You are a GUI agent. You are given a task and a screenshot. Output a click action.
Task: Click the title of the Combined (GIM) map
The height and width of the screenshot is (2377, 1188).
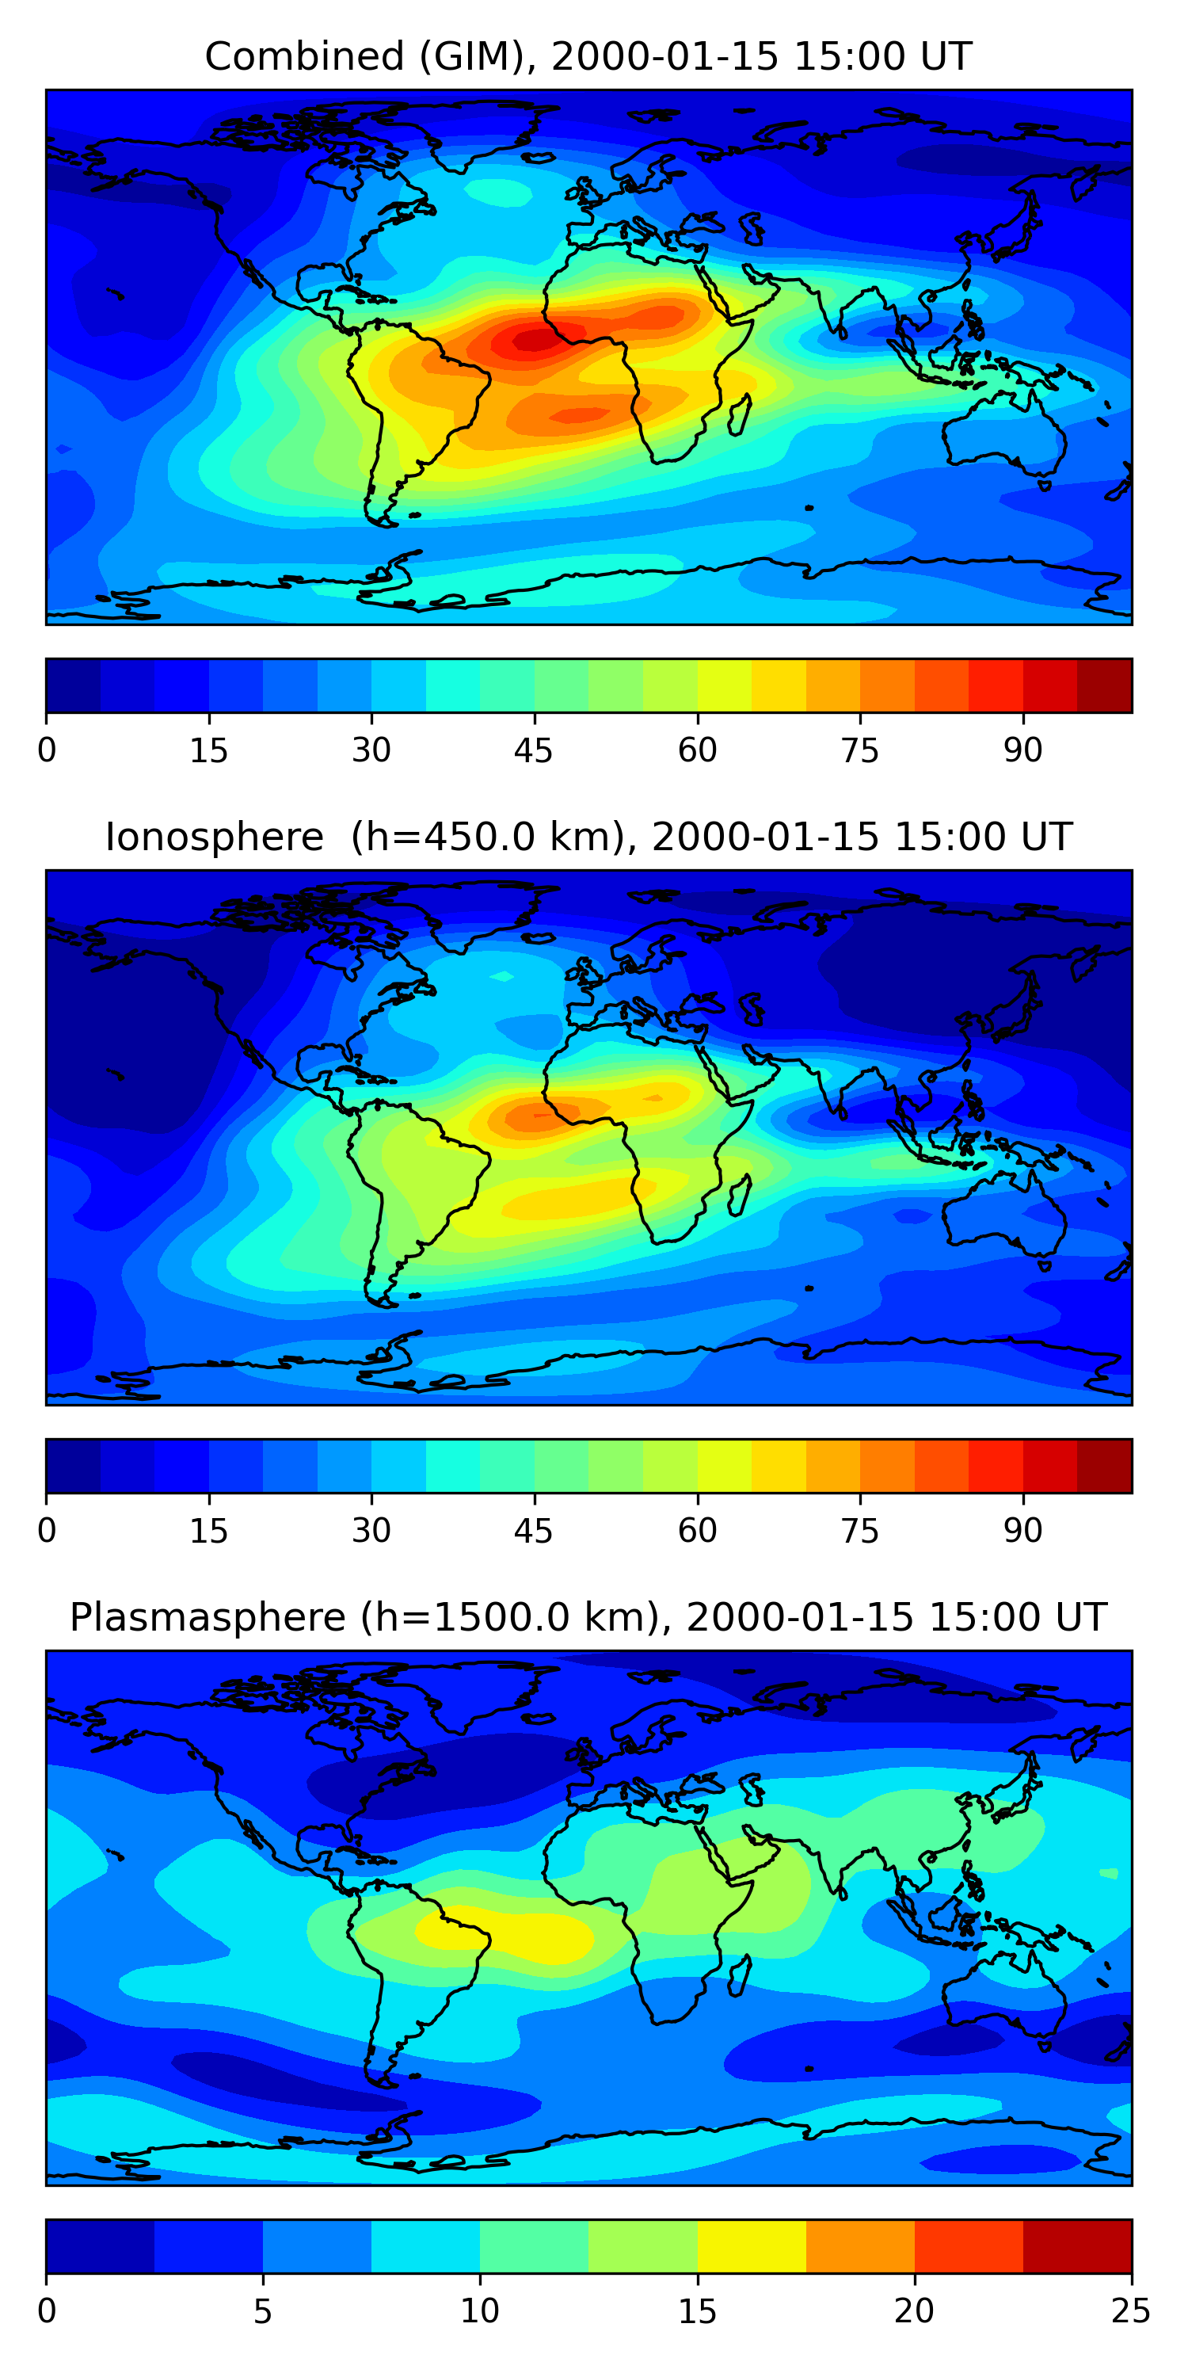(x=588, y=56)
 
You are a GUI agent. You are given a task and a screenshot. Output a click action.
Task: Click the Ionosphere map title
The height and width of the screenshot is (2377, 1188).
(x=588, y=837)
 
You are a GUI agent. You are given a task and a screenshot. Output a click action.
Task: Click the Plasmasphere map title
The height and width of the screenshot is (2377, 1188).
(x=588, y=1618)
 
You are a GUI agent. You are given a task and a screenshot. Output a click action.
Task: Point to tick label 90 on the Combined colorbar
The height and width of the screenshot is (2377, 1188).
(x=1023, y=750)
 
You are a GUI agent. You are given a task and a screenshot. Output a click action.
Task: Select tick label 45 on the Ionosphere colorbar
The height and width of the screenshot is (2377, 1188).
(x=534, y=1531)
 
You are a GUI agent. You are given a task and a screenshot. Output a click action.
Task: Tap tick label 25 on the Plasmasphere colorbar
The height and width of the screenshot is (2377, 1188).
(x=1131, y=2311)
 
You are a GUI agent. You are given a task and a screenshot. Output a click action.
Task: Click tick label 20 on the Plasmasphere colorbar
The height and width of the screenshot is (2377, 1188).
(x=914, y=2311)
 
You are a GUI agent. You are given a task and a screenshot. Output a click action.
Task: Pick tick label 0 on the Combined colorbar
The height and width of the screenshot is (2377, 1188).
(x=47, y=750)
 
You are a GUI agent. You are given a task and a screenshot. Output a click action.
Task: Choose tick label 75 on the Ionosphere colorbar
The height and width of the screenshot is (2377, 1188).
(x=859, y=1531)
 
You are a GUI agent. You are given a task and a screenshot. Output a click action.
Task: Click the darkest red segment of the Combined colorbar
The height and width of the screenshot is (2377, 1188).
(x=1104, y=685)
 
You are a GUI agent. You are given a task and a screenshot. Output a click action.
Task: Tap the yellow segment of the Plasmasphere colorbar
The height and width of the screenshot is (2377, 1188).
(x=751, y=2246)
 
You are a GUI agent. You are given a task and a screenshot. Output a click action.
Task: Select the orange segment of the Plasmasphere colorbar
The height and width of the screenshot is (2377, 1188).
(x=859, y=2246)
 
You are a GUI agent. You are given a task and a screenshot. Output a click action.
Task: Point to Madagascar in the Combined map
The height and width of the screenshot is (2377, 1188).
(x=740, y=415)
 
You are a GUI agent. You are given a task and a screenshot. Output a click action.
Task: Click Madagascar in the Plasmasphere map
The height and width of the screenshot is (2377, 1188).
(x=740, y=1977)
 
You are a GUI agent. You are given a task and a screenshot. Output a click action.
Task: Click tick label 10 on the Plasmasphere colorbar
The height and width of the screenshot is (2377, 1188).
(x=480, y=2311)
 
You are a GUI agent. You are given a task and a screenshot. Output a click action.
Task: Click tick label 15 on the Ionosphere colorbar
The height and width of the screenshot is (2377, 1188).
(x=208, y=1531)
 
